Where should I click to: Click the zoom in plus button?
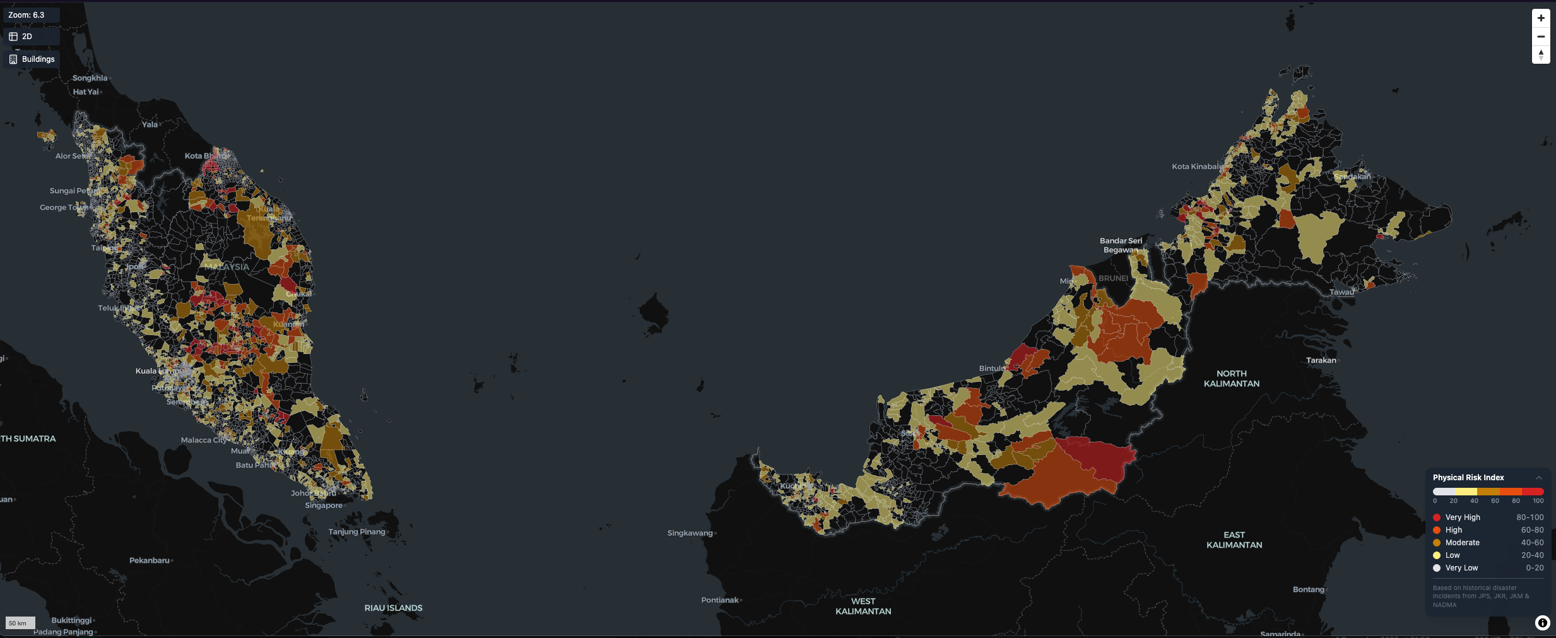pos(1541,18)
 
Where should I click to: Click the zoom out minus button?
pos(1541,37)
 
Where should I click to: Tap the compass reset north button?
pos(1541,55)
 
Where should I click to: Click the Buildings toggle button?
pos(32,59)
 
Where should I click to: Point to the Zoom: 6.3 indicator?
pos(27,15)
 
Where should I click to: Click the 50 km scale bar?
pos(20,623)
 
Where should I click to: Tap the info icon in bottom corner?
pos(1542,623)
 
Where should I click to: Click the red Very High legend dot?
pos(1437,517)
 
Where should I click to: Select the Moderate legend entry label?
pos(1462,543)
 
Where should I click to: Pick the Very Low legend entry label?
pos(1461,568)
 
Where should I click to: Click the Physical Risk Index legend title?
pos(1468,478)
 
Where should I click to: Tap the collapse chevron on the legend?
pos(1539,478)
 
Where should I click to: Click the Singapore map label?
pos(324,505)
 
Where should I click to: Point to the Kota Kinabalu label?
pos(1197,167)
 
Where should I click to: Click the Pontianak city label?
pos(719,600)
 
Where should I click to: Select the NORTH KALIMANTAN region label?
pos(1231,379)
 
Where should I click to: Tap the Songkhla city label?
pos(90,78)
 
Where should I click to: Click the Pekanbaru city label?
pos(150,560)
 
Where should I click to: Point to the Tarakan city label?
pos(1321,360)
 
